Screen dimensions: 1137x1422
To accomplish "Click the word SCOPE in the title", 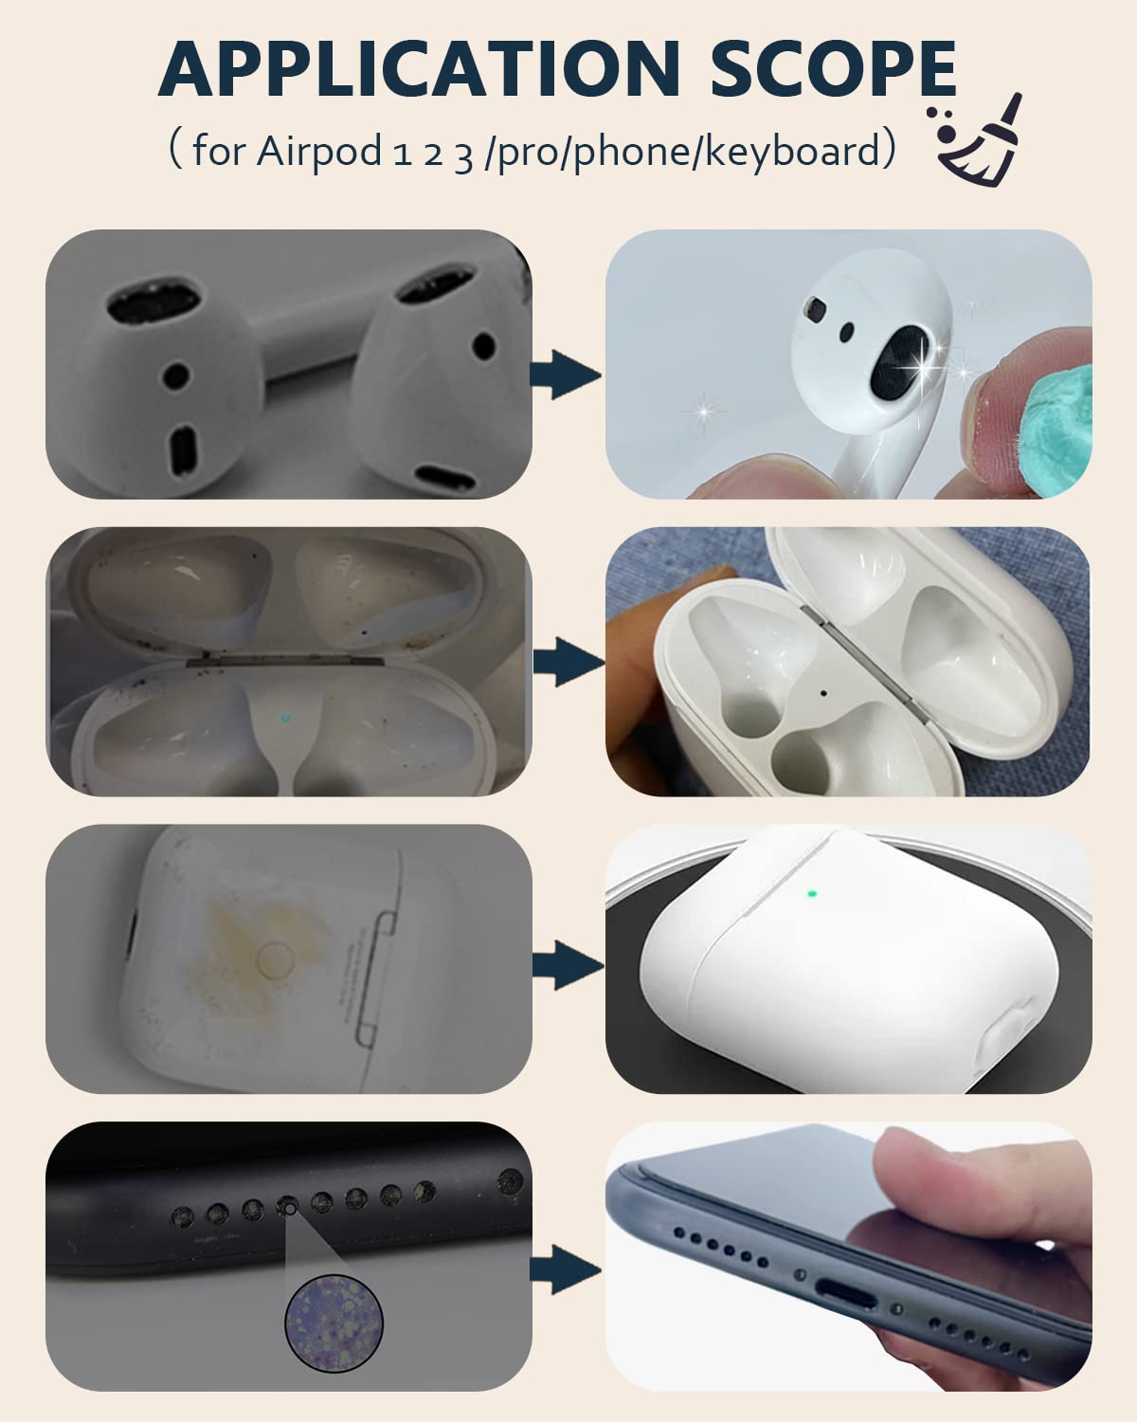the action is click(833, 68).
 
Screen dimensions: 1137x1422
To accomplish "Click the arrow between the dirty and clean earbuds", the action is click(567, 374).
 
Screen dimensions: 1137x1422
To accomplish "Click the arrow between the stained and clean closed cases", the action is click(568, 966).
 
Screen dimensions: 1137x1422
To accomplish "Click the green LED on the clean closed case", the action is click(812, 894).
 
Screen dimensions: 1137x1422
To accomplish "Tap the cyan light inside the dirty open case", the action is click(285, 717).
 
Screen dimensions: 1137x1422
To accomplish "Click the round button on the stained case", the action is click(274, 957).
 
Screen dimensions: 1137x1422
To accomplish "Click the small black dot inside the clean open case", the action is click(822, 694).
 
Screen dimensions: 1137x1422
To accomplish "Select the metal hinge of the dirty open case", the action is click(285, 661).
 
